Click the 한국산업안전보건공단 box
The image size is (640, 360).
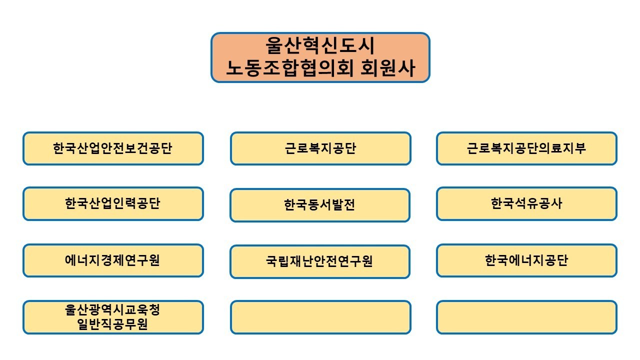point(113,148)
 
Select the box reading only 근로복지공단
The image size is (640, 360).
point(320,148)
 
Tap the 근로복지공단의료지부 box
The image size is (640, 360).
point(526,148)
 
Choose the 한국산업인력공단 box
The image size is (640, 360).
point(113,203)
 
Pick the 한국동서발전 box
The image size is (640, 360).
point(320,205)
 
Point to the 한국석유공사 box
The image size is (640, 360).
point(526,203)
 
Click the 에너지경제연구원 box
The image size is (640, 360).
point(113,260)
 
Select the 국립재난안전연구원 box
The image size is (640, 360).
point(320,261)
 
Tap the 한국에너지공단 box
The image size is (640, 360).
point(526,260)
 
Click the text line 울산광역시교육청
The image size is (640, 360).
point(112,310)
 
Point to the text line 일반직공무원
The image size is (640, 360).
point(112,324)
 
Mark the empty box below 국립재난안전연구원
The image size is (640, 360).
point(320,317)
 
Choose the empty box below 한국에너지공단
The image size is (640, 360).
point(526,317)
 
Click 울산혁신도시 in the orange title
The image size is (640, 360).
point(320,45)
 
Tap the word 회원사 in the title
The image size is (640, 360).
point(388,68)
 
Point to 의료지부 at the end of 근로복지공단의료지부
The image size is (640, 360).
point(562,148)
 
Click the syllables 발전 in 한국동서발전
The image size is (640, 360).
point(343,205)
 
